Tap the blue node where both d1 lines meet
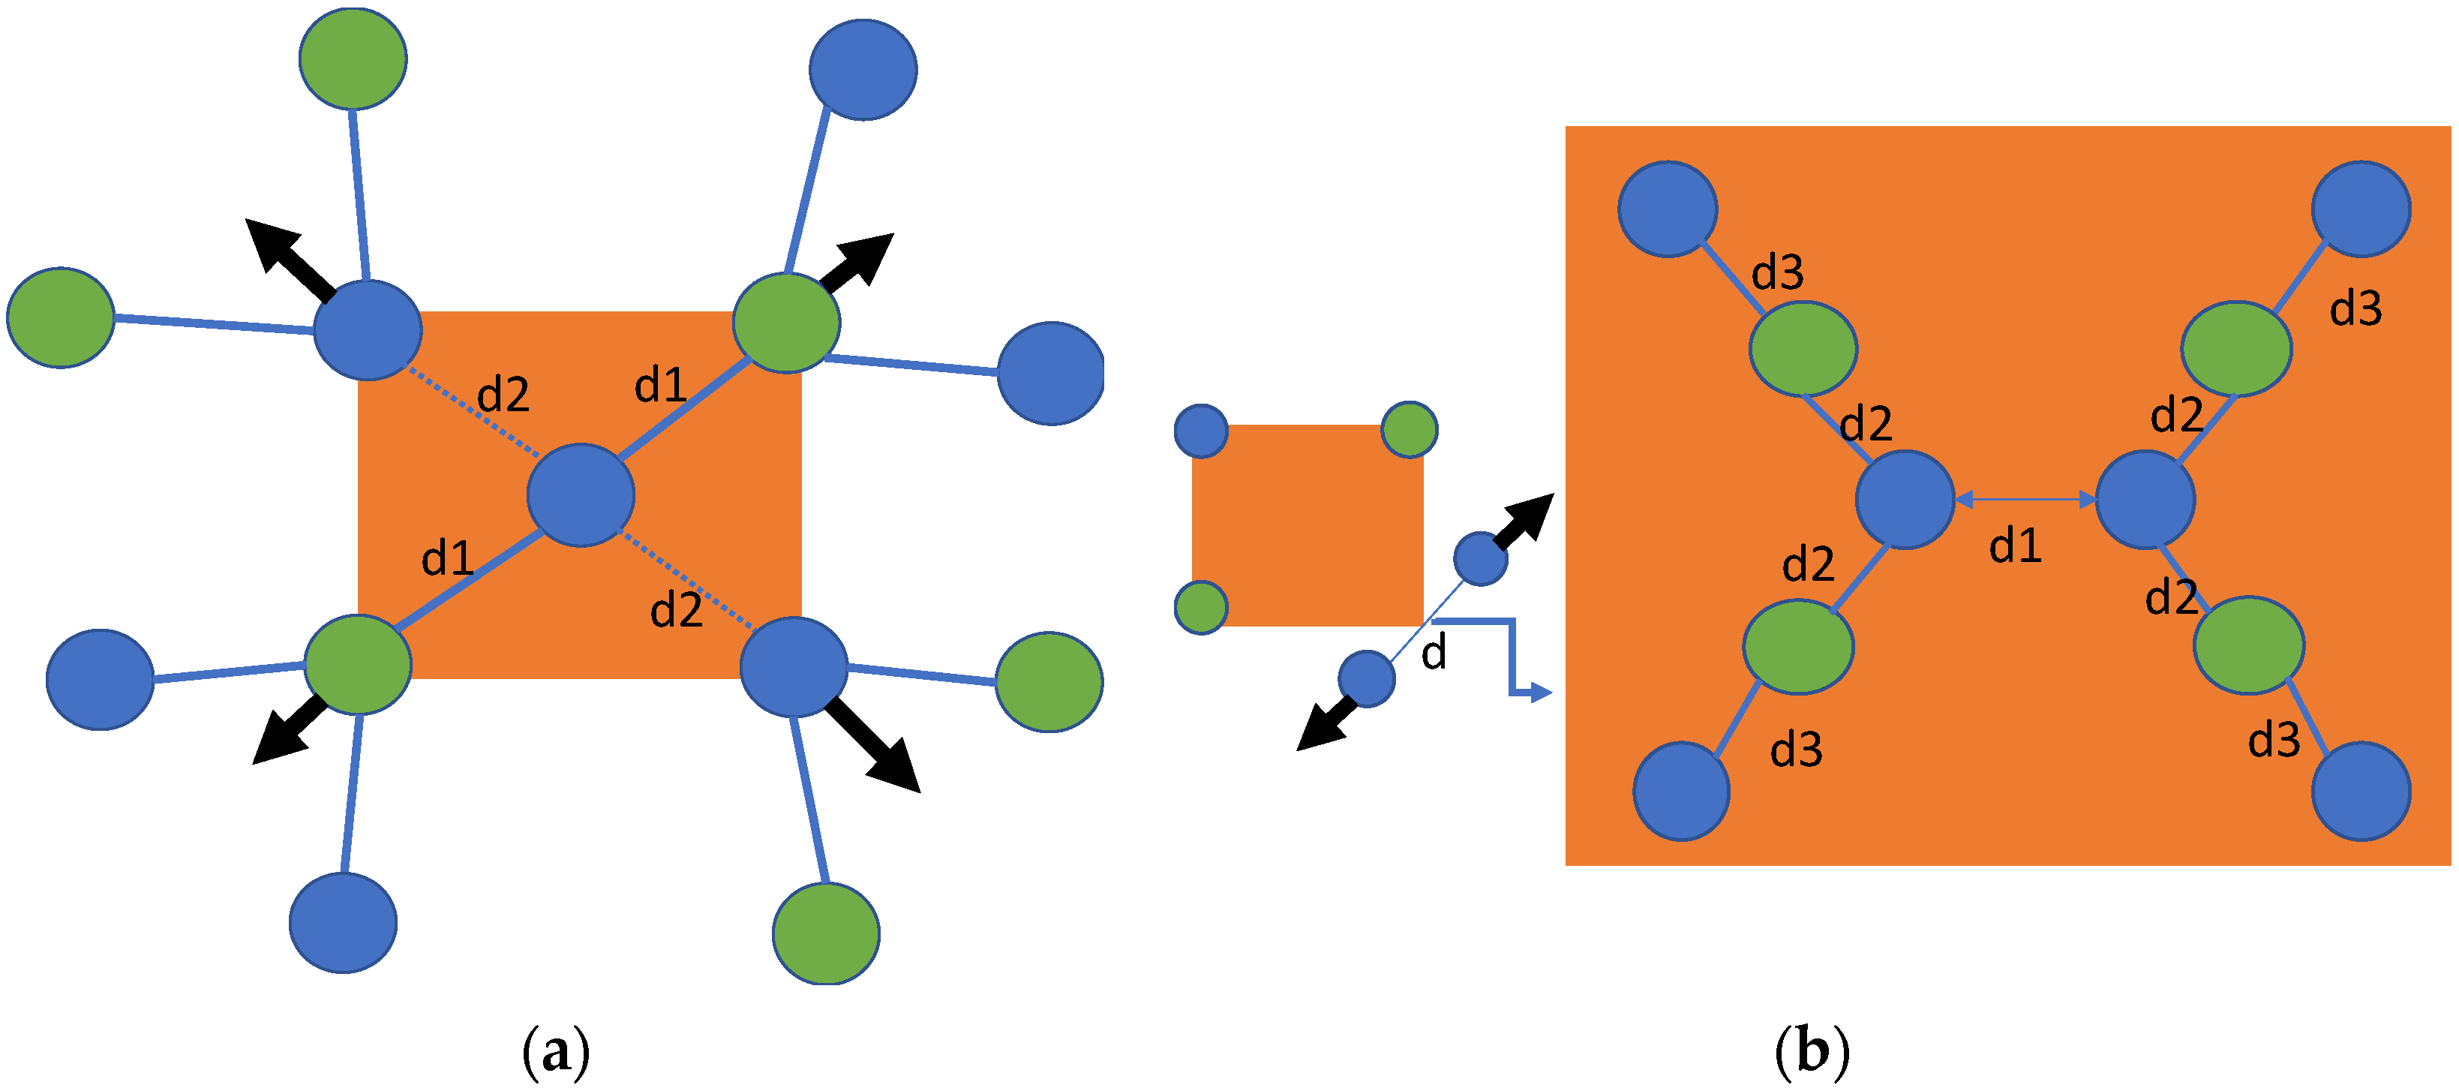(581, 494)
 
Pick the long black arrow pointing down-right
(873, 747)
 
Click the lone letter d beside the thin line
(1433, 654)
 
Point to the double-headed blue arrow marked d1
(2025, 499)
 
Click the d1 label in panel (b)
(2015, 547)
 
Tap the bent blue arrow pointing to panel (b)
(1510, 659)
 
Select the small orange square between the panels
(1307, 525)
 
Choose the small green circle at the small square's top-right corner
(1409, 429)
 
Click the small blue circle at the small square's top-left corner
(1201, 431)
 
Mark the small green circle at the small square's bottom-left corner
(1201, 607)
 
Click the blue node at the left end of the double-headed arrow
(1905, 499)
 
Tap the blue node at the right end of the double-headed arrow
(2145, 499)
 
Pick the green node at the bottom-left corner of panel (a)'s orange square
(358, 664)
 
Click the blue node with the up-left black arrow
(368, 329)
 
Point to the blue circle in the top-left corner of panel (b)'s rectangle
(1668, 208)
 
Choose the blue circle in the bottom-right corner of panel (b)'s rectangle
(2361, 792)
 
